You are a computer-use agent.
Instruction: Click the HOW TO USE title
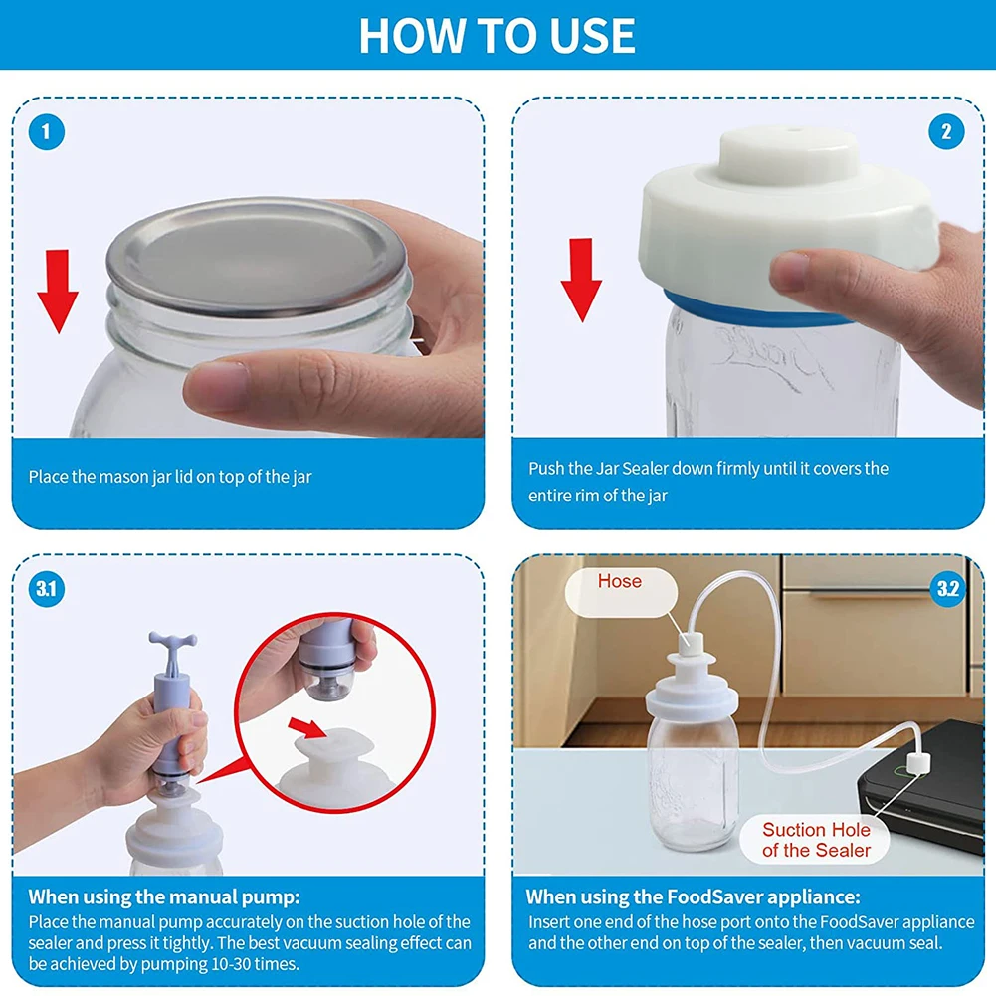497,35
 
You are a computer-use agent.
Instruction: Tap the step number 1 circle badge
47,132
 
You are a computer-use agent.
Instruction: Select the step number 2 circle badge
946,132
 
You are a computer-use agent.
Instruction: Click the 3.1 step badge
47,589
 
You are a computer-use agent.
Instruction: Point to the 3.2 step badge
947,589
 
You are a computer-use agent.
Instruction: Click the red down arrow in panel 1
58,291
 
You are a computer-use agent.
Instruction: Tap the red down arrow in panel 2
581,281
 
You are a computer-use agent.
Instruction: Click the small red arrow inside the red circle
308,728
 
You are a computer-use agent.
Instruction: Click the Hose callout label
620,581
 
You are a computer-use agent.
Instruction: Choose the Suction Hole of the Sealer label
816,840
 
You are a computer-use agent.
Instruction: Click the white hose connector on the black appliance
917,763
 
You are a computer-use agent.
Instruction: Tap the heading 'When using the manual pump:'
164,896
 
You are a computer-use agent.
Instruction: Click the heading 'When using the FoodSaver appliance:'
693,896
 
